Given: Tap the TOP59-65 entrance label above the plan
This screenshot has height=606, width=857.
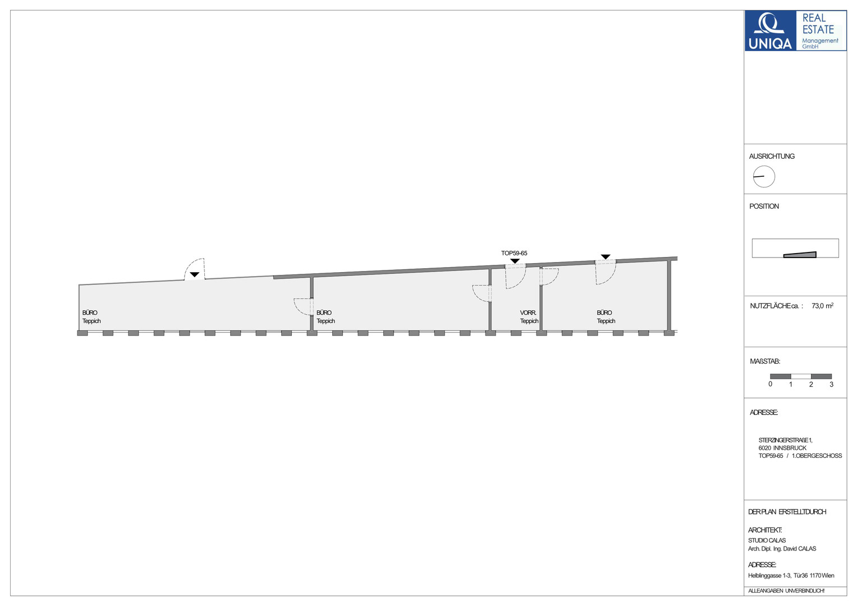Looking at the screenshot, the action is click(x=514, y=253).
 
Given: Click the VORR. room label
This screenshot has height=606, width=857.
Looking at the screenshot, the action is click(x=528, y=313).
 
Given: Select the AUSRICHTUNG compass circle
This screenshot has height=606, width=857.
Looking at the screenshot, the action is click(x=764, y=176).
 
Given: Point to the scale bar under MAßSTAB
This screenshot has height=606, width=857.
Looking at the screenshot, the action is click(x=801, y=376).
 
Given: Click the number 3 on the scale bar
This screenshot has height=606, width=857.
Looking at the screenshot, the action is click(x=831, y=384).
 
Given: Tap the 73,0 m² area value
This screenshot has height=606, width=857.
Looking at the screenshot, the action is click(x=823, y=306).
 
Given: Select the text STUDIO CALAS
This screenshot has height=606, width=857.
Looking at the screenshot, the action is click(x=767, y=540).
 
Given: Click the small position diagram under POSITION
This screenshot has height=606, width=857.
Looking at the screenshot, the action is click(x=795, y=248).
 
